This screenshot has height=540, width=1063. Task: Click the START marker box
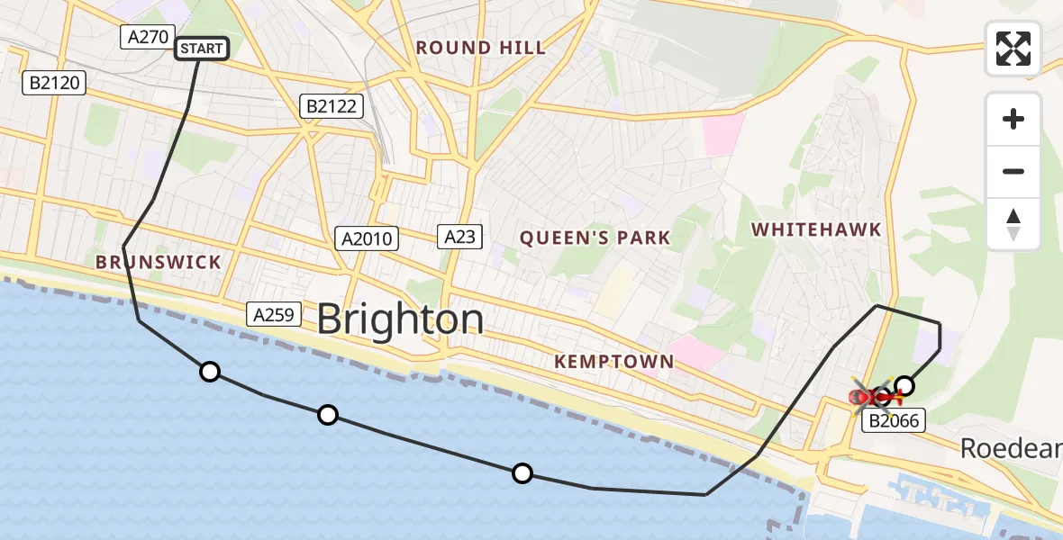(202, 49)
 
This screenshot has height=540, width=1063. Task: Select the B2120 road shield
(54, 84)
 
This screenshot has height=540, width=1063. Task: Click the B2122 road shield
(332, 107)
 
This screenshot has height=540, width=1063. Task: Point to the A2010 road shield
(368, 238)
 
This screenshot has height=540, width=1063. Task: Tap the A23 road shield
(460, 237)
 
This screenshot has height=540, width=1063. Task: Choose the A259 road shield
(274, 314)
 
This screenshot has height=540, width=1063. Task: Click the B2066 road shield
(895, 419)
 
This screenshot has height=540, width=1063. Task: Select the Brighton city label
(400, 319)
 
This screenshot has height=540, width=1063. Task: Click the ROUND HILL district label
(480, 48)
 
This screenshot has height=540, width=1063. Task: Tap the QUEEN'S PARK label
(595, 238)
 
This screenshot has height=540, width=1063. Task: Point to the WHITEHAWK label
(817, 230)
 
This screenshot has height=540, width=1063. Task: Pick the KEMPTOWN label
(614, 362)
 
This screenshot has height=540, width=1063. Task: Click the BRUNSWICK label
(159, 263)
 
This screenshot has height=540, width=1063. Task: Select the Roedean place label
(1010, 447)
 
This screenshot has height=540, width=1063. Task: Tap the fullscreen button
(1013, 49)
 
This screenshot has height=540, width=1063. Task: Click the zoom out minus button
(1013, 171)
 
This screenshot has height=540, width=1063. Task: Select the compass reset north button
(1013, 224)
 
